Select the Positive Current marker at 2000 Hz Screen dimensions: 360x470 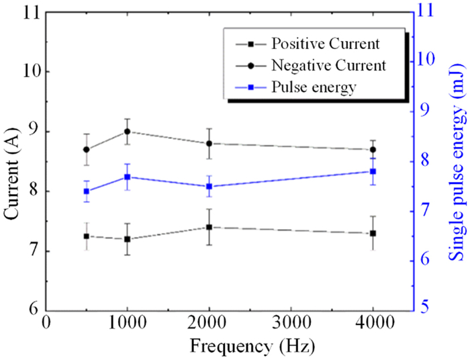click(x=209, y=227)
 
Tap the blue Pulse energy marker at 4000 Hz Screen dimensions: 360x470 click(x=373, y=171)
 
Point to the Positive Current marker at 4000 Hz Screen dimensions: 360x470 click(x=373, y=233)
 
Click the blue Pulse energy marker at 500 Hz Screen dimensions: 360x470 click(x=86, y=191)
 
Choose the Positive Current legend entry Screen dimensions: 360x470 click(x=326, y=44)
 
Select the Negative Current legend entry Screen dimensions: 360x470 click(x=328, y=66)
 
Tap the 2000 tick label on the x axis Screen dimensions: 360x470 click(x=209, y=323)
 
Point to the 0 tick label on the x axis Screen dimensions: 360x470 click(x=46, y=323)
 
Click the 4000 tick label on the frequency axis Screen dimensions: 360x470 click(x=373, y=323)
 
